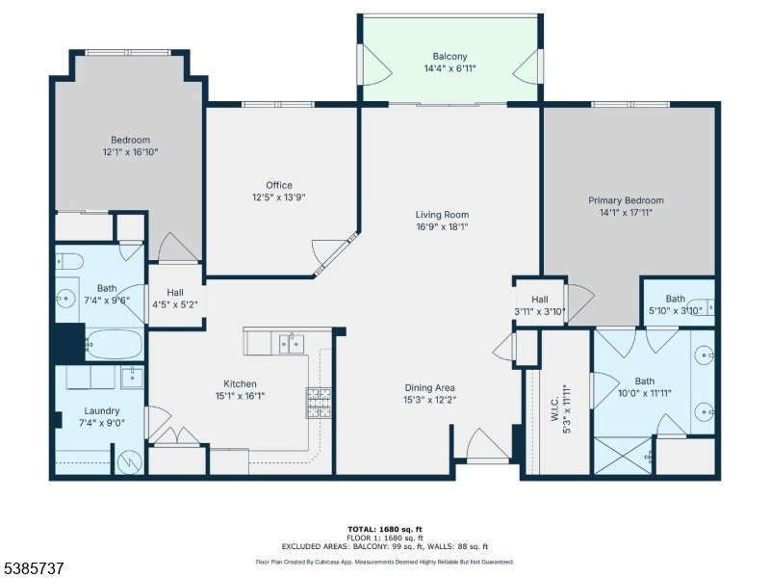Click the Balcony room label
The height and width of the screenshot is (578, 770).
pos(449,57)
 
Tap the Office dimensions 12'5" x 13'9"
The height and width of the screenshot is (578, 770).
pos(279,197)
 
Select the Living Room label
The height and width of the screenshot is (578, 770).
pos(442,215)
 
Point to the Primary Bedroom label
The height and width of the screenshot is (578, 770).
pos(626,200)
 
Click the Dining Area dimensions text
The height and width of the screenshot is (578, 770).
pos(429,400)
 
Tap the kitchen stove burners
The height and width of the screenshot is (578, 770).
pos(319,403)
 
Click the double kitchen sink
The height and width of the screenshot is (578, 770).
pos(292,344)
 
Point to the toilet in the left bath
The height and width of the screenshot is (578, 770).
pos(68,261)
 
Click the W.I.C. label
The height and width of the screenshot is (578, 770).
pos(554,408)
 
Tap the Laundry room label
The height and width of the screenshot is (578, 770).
pos(102,411)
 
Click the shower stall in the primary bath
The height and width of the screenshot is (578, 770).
pos(624,456)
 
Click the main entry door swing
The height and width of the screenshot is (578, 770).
pos(488,444)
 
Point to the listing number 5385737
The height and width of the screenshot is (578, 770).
pos(33,568)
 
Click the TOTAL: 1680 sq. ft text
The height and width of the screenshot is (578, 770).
pos(385,529)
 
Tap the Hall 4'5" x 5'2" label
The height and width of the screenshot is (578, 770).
pos(175,299)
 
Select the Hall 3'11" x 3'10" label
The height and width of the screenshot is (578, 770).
pos(540,305)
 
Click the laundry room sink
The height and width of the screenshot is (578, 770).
pos(133,377)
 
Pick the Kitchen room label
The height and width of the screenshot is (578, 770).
pos(240,383)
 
